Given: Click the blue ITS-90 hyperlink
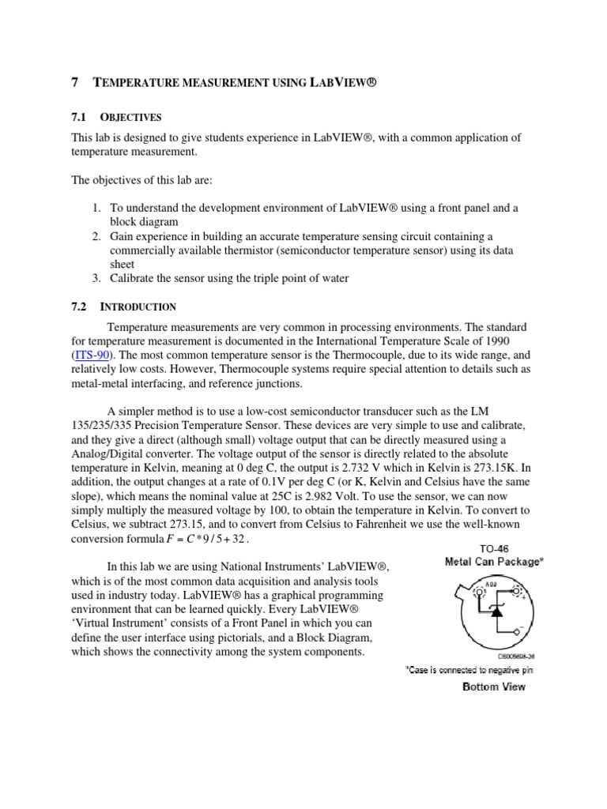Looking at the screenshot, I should (91, 356).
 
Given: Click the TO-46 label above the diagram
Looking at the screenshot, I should (481, 547).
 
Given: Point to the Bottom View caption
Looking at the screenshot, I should (493, 687).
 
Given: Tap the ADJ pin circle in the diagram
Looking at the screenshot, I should (477, 592).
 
